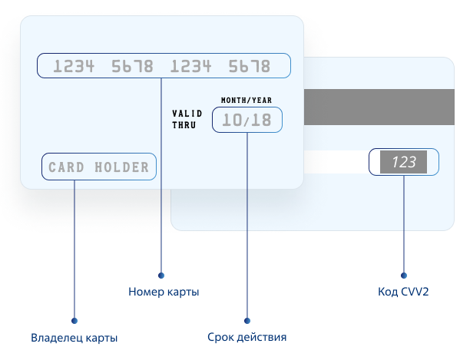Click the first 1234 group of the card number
point(74,66)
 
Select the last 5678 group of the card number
point(250,66)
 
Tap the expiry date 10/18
point(247,120)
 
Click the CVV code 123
point(404,162)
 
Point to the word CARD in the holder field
point(66,167)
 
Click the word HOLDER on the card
point(122,167)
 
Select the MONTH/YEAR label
point(247,101)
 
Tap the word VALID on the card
point(187,114)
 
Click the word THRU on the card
point(184,125)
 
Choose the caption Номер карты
point(164,292)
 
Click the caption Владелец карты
point(74,338)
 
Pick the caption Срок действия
point(247,337)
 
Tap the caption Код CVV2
point(403,292)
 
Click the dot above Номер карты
point(161,276)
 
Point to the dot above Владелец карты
point(74,321)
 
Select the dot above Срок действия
point(247,321)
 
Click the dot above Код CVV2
point(404,276)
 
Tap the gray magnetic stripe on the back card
point(379,107)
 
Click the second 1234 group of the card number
point(191,66)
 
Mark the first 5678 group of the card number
point(132,66)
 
